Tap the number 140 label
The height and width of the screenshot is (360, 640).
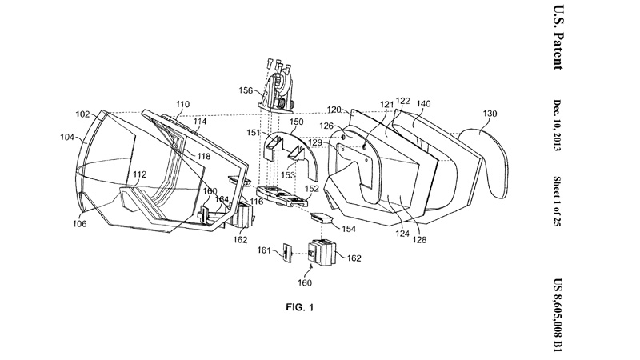pos(423,104)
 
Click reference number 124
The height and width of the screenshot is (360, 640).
pos(402,234)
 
